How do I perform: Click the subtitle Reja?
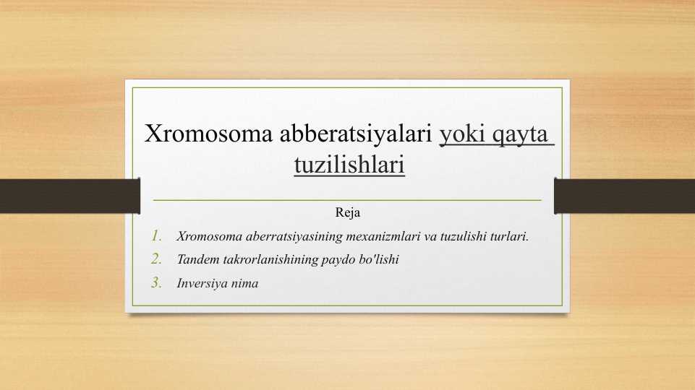point(347,213)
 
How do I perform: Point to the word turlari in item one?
point(509,236)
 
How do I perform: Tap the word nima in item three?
point(244,284)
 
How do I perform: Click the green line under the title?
point(347,199)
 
